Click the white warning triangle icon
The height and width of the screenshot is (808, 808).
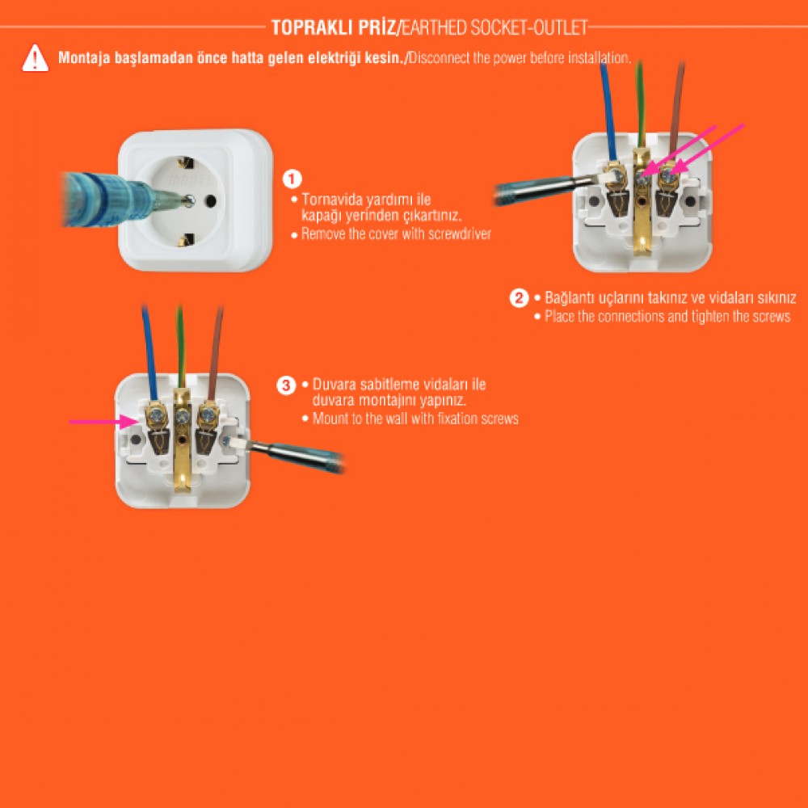(x=35, y=57)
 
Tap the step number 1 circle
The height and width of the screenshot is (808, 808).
(x=292, y=179)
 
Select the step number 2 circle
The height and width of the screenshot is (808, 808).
(x=519, y=298)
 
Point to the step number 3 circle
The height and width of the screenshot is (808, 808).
(x=286, y=385)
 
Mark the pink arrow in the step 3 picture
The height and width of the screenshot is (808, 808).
(x=104, y=422)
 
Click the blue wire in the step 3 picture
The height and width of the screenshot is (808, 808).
(x=149, y=352)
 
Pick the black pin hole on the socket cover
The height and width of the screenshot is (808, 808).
(x=210, y=200)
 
